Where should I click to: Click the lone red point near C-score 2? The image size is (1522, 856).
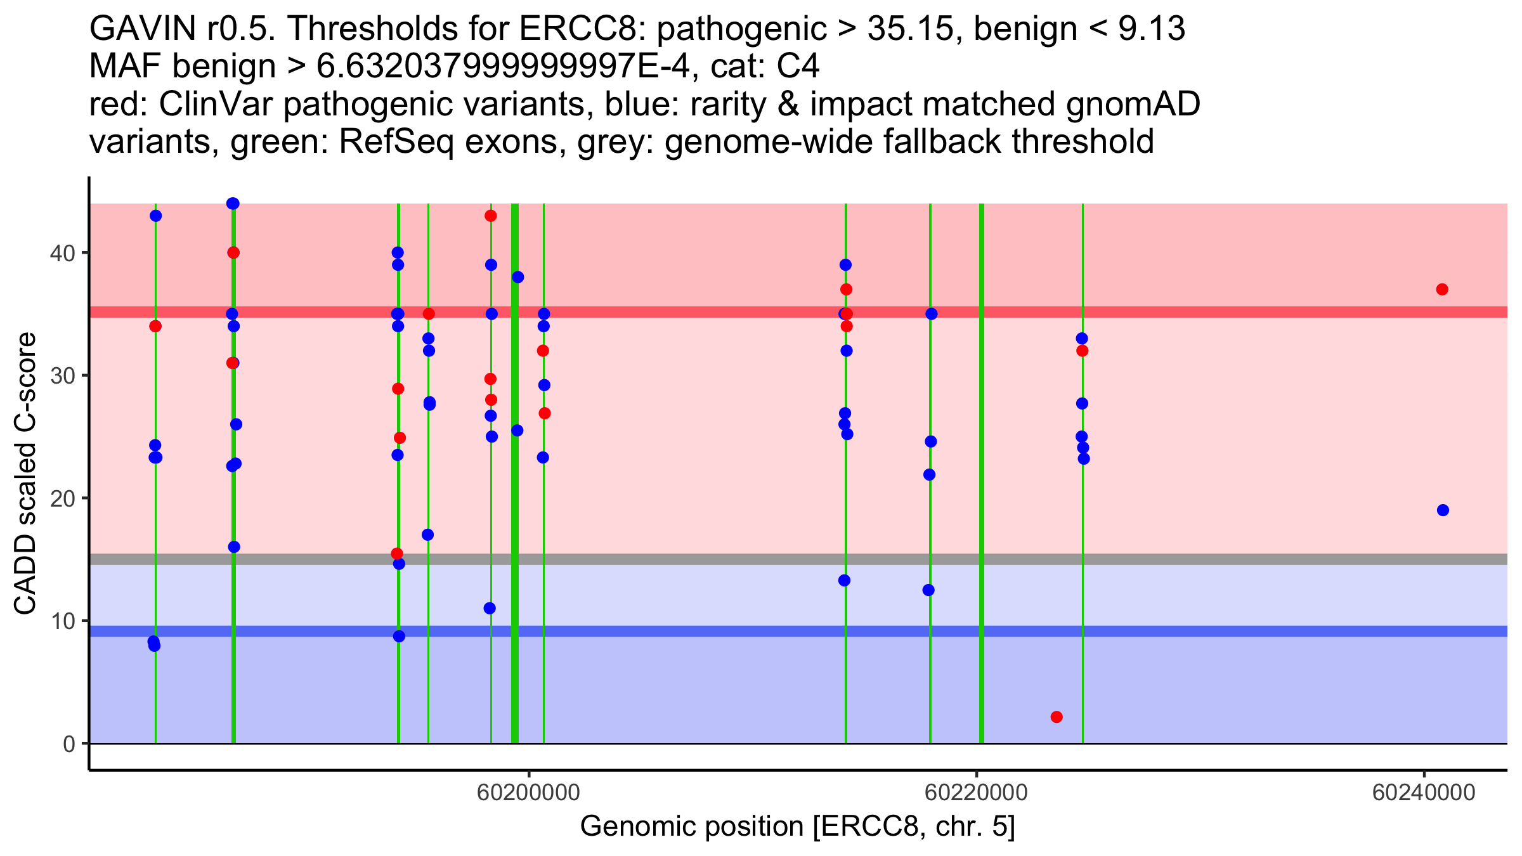(1057, 717)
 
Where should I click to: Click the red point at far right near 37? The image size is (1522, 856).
(1442, 289)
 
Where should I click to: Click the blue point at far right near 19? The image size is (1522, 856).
(1443, 510)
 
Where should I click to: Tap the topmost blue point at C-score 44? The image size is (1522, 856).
(233, 204)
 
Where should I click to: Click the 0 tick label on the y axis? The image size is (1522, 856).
(68, 744)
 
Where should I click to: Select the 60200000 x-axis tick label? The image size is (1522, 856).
(529, 793)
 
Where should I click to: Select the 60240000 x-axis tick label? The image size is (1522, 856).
(1424, 793)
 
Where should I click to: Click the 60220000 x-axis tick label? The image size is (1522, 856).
(977, 793)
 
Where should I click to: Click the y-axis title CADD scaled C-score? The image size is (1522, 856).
(25, 474)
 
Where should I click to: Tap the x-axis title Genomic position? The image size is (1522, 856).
(797, 827)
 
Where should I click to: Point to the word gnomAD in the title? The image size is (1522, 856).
(1133, 105)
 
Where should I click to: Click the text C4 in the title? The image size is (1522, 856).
(798, 67)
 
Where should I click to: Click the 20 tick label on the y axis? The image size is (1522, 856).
(62, 498)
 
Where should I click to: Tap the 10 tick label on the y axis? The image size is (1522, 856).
(62, 621)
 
